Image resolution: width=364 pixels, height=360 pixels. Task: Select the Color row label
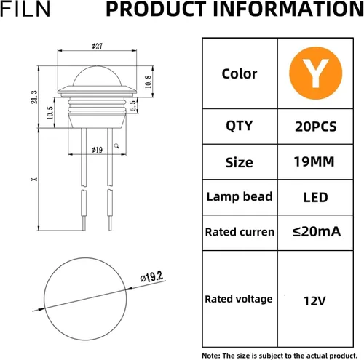click(x=239, y=73)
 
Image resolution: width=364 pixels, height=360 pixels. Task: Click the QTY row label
click(x=239, y=126)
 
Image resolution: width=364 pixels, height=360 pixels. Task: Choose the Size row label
click(x=239, y=162)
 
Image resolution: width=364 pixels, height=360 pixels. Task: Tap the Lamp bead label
click(x=239, y=196)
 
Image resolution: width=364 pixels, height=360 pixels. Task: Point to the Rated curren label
click(x=240, y=232)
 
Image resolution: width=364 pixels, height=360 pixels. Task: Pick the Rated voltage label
click(x=239, y=299)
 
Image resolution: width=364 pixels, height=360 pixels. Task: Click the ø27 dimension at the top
click(x=97, y=46)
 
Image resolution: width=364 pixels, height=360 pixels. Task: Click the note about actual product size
click(x=281, y=354)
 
